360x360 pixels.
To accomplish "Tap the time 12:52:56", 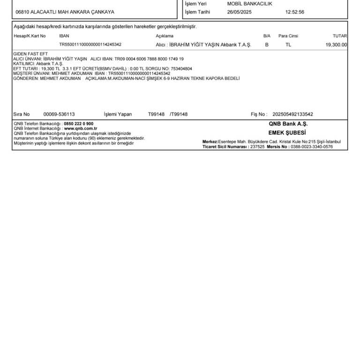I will tap(294, 12).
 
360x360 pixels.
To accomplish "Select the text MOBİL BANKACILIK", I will tap(249, 4).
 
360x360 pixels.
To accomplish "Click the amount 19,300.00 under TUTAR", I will tap(336, 45).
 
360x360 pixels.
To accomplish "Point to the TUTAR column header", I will tap(339, 36).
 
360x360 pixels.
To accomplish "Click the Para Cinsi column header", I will tap(288, 36).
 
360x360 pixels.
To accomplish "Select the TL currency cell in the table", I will tap(288, 45).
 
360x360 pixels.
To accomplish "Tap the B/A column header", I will tap(267, 36).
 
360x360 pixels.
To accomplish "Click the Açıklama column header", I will tap(165, 36).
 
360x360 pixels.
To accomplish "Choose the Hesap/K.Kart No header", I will tap(30, 36).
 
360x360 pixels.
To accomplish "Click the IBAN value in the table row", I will tap(90, 45).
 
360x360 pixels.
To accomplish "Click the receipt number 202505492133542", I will tap(292, 114).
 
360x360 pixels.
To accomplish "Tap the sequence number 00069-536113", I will tap(59, 114).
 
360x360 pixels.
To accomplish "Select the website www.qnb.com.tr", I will tap(80, 128).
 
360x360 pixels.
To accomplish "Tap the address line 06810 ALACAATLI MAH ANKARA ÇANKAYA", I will tap(65, 12).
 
